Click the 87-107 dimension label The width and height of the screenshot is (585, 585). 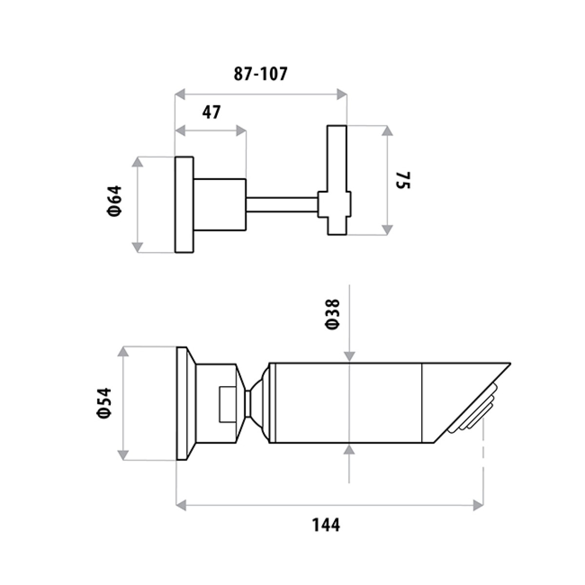click(261, 74)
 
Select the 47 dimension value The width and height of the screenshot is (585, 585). click(211, 113)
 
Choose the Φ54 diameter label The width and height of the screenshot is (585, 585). click(104, 402)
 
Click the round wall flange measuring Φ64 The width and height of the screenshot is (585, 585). click(184, 205)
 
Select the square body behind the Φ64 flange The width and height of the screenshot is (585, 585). click(219, 204)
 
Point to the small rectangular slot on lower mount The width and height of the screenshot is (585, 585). click(227, 404)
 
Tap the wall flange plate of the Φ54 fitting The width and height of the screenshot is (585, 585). click(181, 403)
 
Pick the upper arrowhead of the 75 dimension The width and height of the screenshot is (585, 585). click(387, 131)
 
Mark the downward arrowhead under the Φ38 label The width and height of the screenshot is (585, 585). click(349, 357)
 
